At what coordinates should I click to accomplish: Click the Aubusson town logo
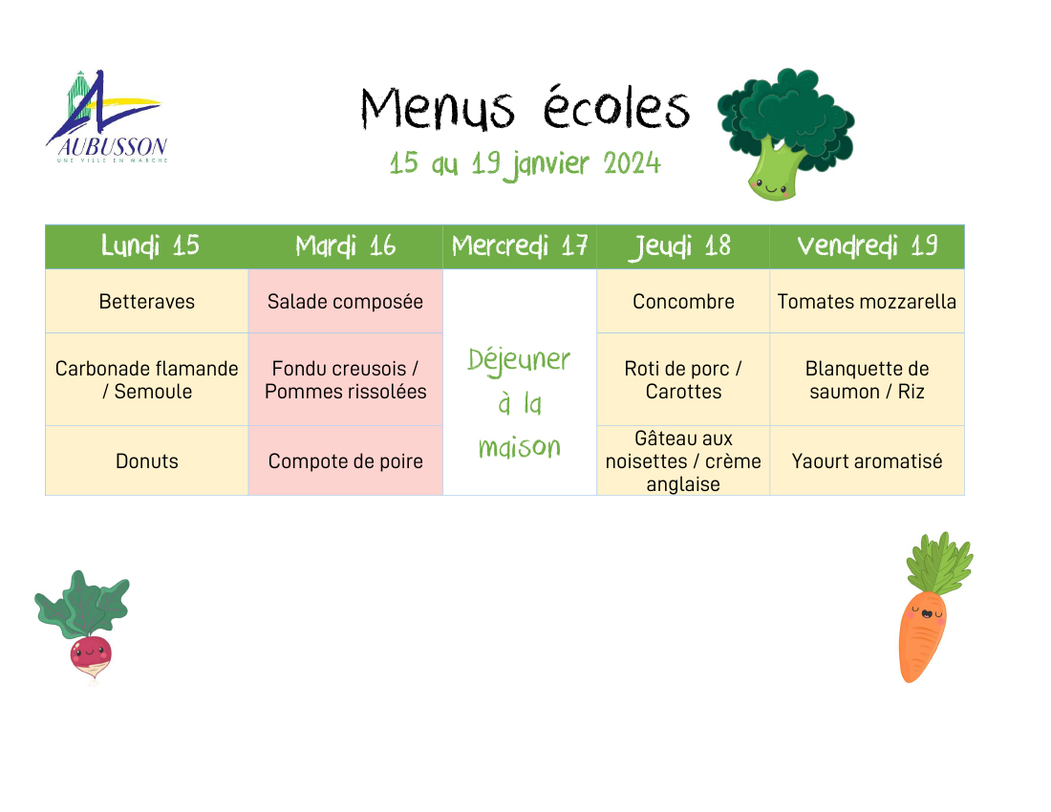107,117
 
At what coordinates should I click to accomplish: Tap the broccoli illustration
785,134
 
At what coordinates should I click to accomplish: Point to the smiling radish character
82,627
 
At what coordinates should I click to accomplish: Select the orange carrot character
934,607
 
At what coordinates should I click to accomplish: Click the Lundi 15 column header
147,246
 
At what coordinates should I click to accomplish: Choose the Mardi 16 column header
345,246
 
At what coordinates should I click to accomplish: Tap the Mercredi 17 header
520,246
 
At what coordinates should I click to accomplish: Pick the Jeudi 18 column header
683,246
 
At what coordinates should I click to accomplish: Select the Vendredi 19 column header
867,246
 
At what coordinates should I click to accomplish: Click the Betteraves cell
147,302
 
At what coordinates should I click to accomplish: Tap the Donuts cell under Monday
147,461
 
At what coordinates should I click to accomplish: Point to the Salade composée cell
345,302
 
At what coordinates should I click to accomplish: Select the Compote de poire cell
345,461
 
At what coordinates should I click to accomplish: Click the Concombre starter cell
683,302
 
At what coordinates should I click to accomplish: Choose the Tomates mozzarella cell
867,302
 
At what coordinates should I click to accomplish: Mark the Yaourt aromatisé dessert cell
867,461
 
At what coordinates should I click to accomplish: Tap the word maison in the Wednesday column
520,447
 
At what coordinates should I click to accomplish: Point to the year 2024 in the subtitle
632,163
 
